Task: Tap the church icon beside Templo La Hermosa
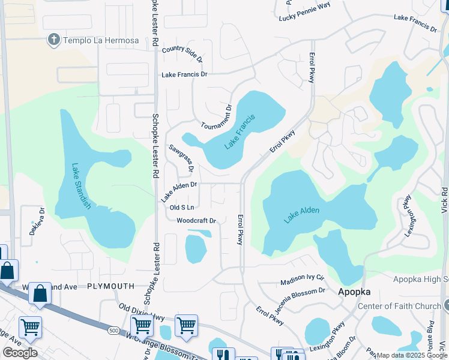point(53,40)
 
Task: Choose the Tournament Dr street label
point(216,117)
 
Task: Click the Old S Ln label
point(182,207)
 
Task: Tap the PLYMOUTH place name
point(110,287)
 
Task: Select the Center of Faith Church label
point(399,307)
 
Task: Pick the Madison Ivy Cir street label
point(303,280)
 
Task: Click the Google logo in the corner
point(19,352)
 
